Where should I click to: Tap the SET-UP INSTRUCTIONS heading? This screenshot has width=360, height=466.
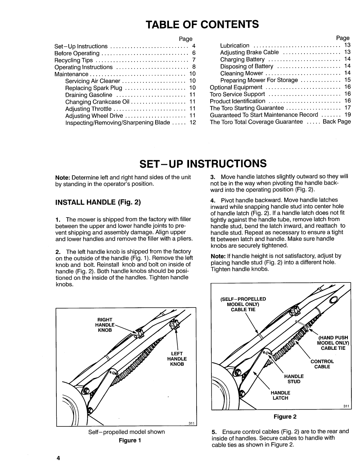click(203, 164)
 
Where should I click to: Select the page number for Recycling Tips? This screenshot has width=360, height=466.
click(193, 60)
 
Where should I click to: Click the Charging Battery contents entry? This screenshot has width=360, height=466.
click(242, 59)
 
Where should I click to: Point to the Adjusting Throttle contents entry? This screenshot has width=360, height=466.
click(88, 109)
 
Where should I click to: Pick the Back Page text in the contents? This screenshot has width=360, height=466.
click(337, 122)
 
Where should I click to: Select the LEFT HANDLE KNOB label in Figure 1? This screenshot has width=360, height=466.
click(177, 359)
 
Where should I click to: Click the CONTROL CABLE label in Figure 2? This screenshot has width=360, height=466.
click(322, 364)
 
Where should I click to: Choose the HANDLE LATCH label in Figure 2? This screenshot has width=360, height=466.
click(280, 395)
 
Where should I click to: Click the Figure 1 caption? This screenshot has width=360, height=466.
click(130, 440)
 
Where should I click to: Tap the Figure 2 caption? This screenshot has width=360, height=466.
click(285, 417)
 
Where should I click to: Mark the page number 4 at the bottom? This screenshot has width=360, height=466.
click(58, 458)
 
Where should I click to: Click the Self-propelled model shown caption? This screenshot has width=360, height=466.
click(126, 432)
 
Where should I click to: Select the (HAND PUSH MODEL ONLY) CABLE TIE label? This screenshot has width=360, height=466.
click(333, 343)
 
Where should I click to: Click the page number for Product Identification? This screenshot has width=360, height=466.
click(347, 101)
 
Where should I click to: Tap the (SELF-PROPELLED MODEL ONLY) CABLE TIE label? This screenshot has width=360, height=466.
click(243, 304)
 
